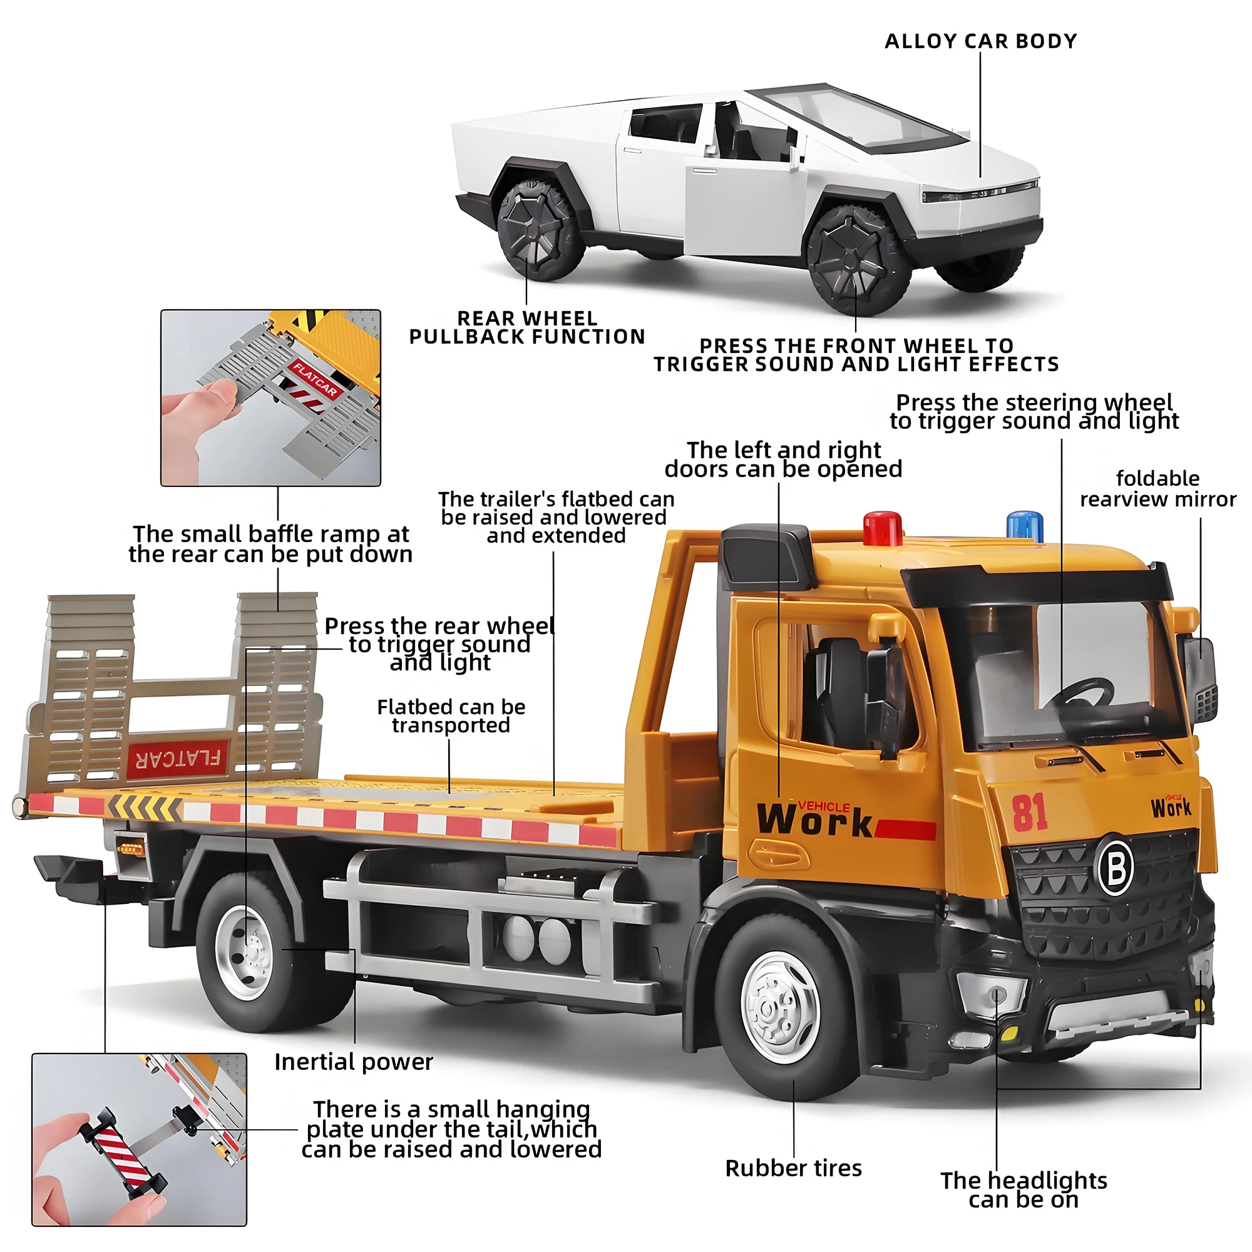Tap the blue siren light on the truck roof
coord(1025,526)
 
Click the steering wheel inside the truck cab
coord(1081,695)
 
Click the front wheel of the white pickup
coord(859,260)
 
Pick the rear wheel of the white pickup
coord(540,232)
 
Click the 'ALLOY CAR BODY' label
coord(980,41)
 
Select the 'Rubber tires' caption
coord(793,1168)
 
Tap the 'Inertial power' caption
coord(353,1062)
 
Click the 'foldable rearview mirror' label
coord(1158,489)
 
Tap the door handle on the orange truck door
coord(778,853)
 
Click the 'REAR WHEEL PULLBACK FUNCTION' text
coord(527,328)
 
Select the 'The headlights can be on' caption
coord(1024,1190)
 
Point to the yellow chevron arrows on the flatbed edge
coord(145,806)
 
